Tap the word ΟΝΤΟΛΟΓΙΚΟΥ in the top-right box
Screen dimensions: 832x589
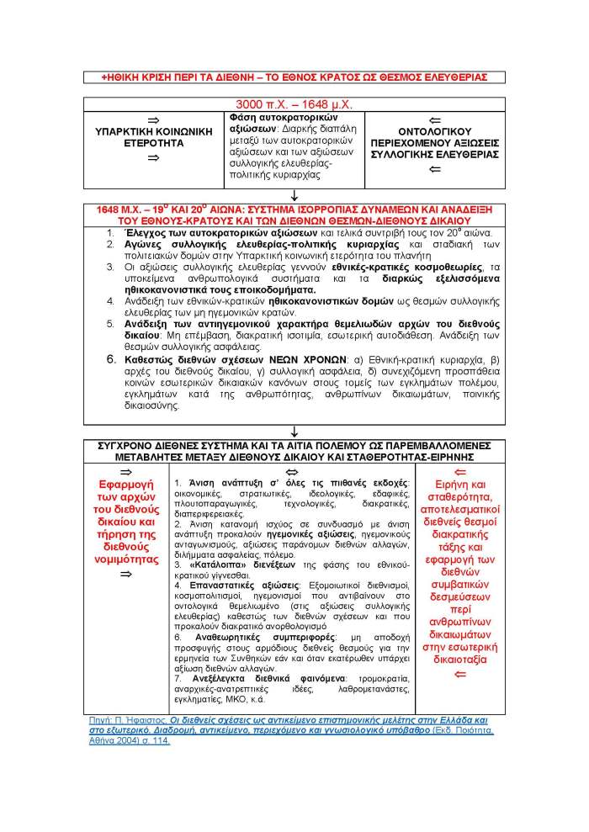(436, 132)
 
